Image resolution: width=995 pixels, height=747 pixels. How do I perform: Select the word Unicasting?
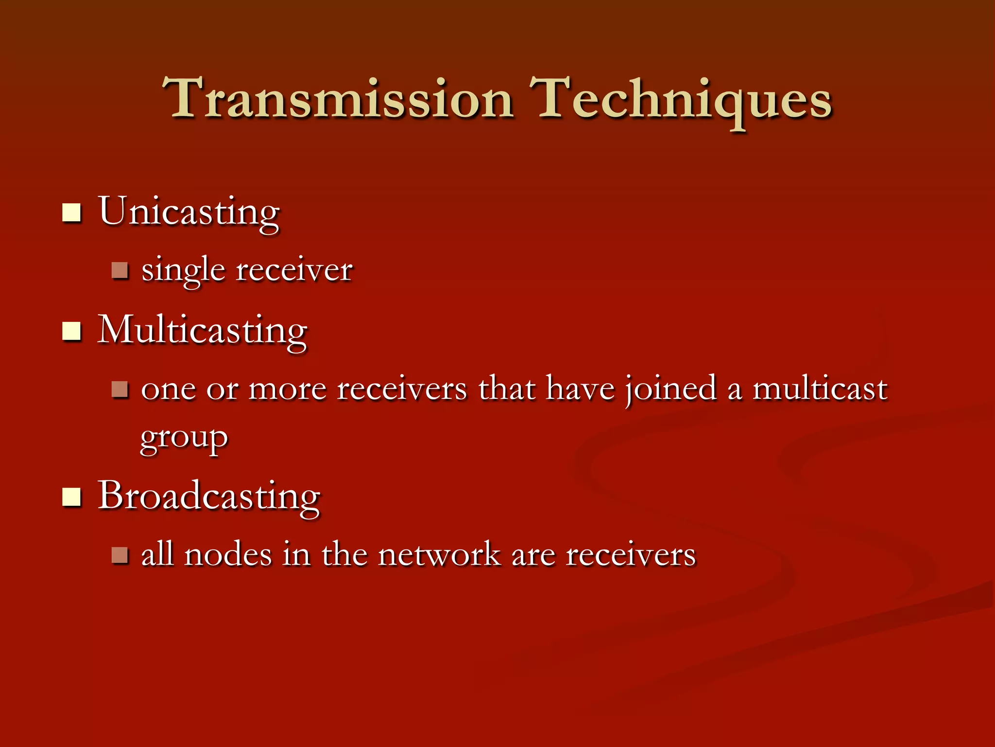pyautogui.click(x=189, y=213)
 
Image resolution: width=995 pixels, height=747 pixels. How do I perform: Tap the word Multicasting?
pyautogui.click(x=202, y=331)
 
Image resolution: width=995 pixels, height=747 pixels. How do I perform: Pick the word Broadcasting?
pyautogui.click(x=209, y=496)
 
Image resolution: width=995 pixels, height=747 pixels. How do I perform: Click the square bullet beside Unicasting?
pyautogui.click(x=71, y=213)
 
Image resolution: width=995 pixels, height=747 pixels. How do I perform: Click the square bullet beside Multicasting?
pyautogui.click(x=71, y=332)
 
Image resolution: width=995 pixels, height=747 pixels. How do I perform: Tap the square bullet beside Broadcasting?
pyautogui.click(x=71, y=497)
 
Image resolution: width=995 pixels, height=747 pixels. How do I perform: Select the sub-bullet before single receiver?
pyautogui.click(x=120, y=270)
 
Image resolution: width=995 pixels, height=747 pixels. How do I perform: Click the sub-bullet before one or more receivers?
pyautogui.click(x=120, y=389)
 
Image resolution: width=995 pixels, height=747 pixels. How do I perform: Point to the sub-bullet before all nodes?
pyautogui.click(x=120, y=555)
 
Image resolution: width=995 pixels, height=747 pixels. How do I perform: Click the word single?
pyautogui.click(x=183, y=271)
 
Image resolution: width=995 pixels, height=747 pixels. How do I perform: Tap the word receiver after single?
pyautogui.click(x=294, y=270)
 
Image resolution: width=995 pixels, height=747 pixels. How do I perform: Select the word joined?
pyautogui.click(x=670, y=389)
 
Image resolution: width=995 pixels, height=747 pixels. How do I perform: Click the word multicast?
pyautogui.click(x=820, y=389)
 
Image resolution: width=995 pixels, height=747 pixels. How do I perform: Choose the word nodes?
pyautogui.click(x=228, y=555)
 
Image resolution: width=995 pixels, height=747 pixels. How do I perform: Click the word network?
pyautogui.click(x=439, y=555)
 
